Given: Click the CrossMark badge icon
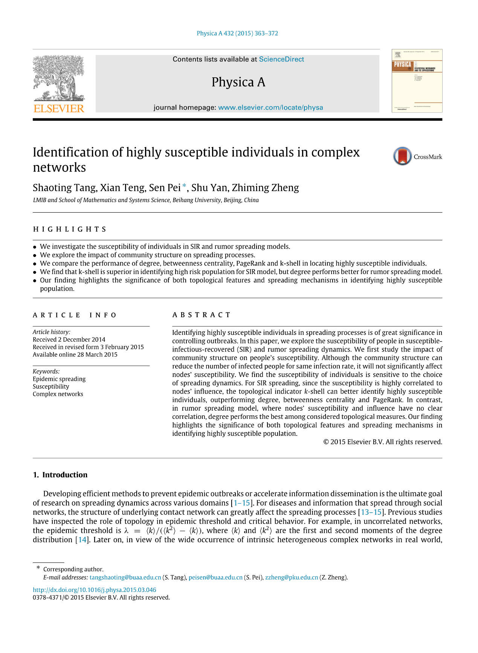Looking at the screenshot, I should click(402, 156).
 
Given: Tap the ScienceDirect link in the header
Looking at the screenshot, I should click(281, 59).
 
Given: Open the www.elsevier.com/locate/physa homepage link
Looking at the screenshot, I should click(270, 107).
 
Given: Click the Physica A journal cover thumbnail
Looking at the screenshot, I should click(417, 81).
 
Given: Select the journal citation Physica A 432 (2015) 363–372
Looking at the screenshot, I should click(237, 33).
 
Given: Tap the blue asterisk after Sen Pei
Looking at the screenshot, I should click(184, 185).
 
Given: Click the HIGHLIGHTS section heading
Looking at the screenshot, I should click(70, 229).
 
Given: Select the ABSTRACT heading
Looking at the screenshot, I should click(202, 315).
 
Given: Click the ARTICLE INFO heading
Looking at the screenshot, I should click(75, 315).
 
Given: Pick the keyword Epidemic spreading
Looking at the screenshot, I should click(59, 379).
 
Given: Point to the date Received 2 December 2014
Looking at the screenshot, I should click(69, 339).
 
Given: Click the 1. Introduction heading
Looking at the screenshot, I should click(60, 475).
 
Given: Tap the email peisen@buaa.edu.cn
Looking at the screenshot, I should click(215, 577).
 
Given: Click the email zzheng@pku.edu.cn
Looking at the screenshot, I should click(292, 577).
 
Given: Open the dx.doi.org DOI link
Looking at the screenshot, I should click(95, 590).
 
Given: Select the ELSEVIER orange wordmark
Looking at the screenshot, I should click(59, 108).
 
